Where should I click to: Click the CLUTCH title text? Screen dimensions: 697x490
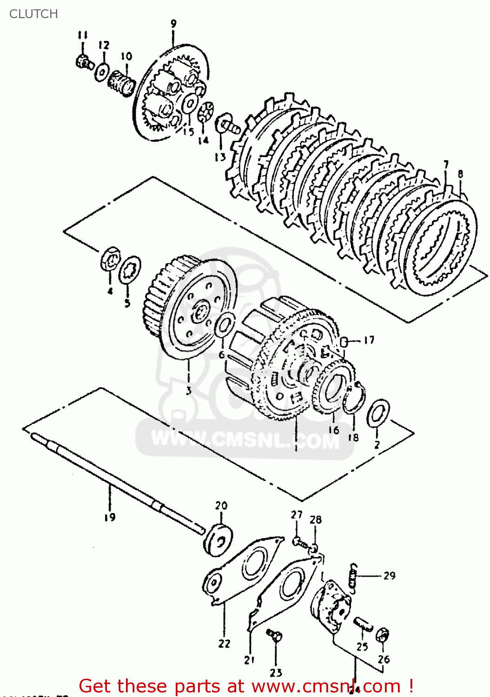(x=33, y=14)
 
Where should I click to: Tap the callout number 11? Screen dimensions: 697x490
(x=83, y=35)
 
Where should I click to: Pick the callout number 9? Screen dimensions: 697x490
(x=173, y=24)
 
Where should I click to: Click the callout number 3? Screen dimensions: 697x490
(x=188, y=390)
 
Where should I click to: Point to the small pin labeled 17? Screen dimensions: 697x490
(x=344, y=342)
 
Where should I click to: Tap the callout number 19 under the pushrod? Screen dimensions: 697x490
(x=110, y=517)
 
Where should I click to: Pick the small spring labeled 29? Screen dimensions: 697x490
(x=354, y=578)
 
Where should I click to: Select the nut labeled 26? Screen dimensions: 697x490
(x=383, y=635)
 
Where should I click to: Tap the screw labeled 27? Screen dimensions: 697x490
(x=299, y=541)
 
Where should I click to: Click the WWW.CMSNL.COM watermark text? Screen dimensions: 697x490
(x=245, y=440)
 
